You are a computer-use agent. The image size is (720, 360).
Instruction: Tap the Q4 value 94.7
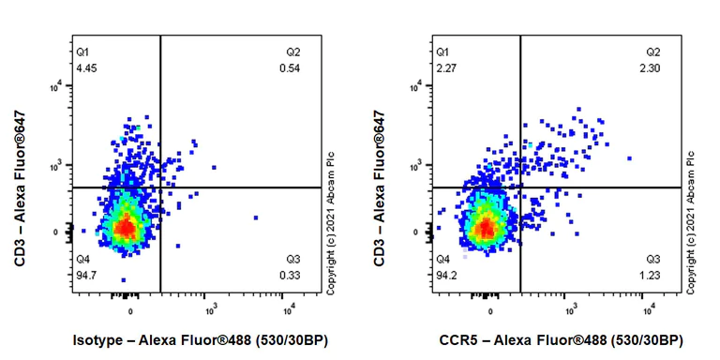86,275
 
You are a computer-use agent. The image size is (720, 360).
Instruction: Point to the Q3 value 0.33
290,275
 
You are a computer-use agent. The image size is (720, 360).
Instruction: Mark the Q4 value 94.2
446,275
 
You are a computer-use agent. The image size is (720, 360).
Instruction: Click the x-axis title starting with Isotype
199,339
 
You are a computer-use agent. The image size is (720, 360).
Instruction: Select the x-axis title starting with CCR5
562,339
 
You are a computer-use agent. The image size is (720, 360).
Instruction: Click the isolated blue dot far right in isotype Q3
255,217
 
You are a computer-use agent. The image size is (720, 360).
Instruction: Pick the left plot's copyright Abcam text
331,222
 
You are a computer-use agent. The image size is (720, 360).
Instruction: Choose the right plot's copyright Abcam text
691,222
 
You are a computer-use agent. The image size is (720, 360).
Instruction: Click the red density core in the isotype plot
127,226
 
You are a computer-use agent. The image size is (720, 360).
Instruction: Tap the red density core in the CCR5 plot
487,226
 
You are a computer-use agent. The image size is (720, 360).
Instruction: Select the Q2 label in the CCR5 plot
653,52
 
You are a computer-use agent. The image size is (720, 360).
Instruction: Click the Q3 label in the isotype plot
293,259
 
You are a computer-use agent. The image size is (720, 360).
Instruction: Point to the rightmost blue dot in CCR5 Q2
629,158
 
